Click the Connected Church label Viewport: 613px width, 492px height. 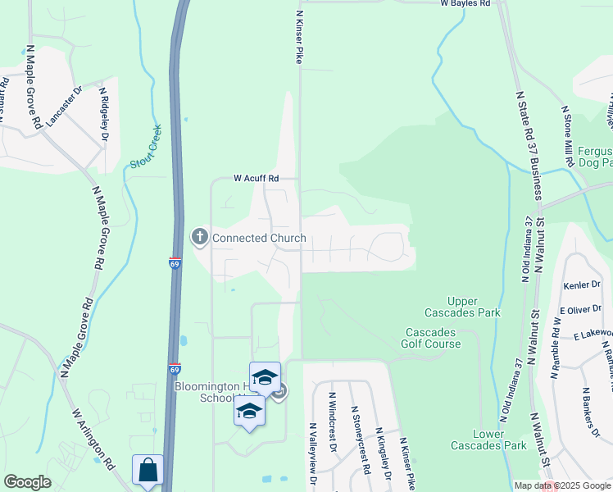pos(259,239)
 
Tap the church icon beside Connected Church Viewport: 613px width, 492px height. pos(199,238)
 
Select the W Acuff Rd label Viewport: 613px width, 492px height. pos(257,178)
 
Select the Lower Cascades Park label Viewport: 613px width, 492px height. pos(488,440)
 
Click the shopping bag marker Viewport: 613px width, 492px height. pos(148,471)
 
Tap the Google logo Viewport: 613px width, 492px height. pos(27,482)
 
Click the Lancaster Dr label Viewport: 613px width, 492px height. pos(66,107)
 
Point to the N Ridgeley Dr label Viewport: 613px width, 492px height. pos(104,114)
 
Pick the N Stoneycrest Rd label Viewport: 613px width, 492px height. pos(360,432)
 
